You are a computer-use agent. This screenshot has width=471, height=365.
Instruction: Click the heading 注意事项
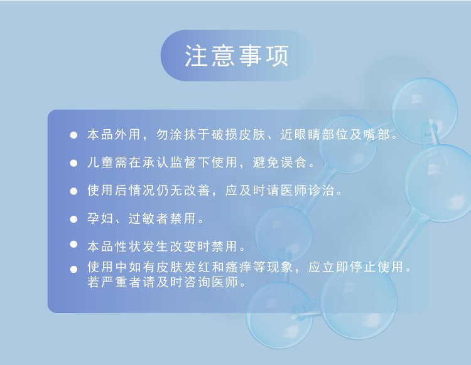(237, 56)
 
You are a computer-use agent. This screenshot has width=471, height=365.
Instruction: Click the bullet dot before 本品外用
(73, 135)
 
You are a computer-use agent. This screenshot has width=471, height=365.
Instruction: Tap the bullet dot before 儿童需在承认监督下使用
(73, 163)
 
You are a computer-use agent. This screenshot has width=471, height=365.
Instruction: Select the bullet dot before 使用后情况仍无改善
(73, 191)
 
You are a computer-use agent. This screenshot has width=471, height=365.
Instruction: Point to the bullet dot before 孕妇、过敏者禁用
(73, 219)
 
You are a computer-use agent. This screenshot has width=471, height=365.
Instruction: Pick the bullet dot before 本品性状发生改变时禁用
(73, 245)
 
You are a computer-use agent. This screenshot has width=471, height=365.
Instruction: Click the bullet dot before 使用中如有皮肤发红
(73, 269)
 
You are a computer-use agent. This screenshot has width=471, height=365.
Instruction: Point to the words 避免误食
(280, 162)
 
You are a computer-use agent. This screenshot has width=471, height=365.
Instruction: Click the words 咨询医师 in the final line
(211, 282)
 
